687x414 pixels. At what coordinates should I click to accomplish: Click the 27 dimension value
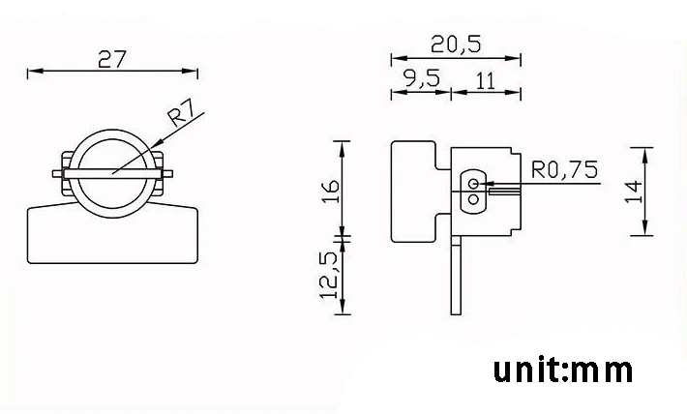coord(112,59)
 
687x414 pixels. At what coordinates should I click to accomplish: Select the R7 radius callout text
coord(181,112)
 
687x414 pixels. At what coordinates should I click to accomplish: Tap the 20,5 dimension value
coord(456,44)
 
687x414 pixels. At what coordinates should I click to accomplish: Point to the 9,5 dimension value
coord(422,79)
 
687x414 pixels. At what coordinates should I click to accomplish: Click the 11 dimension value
coord(486,81)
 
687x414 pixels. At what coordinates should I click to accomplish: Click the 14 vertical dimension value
coord(634,192)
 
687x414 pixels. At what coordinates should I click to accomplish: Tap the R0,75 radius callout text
coord(564,169)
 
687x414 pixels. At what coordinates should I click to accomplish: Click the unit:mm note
coord(563,370)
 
